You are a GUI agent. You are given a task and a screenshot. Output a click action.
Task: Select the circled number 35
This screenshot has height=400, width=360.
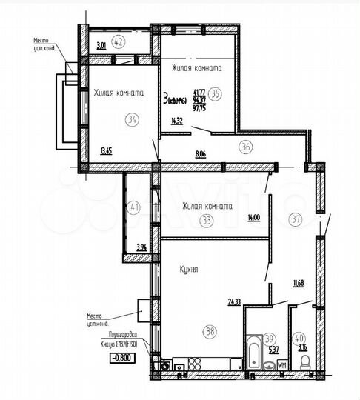pyautogui.click(x=216, y=93)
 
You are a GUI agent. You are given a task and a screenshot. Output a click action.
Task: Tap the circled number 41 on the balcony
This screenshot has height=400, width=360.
pyautogui.click(x=134, y=209)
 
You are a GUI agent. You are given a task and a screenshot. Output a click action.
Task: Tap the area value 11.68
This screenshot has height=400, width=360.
pyautogui.click(x=299, y=281)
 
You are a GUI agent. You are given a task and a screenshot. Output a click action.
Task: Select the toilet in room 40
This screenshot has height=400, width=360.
pyautogui.click(x=305, y=361)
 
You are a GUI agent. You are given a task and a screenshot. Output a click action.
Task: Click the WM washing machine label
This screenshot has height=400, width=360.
pyautogui.click(x=281, y=365)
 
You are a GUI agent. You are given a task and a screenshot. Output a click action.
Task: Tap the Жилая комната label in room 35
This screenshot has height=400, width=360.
pyautogui.click(x=197, y=68)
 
